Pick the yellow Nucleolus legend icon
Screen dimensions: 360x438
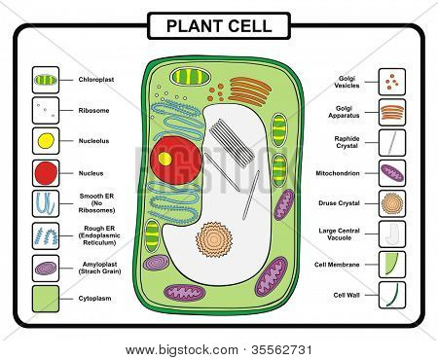click(46, 142)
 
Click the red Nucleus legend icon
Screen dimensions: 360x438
click(46, 173)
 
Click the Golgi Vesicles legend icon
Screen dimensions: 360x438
click(391, 80)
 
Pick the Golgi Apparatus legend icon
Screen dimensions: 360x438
click(391, 111)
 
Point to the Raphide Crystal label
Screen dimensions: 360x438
click(347, 142)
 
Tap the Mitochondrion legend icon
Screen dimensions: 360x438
click(391, 173)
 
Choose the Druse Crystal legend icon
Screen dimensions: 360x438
click(391, 204)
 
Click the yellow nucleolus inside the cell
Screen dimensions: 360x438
click(165, 157)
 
